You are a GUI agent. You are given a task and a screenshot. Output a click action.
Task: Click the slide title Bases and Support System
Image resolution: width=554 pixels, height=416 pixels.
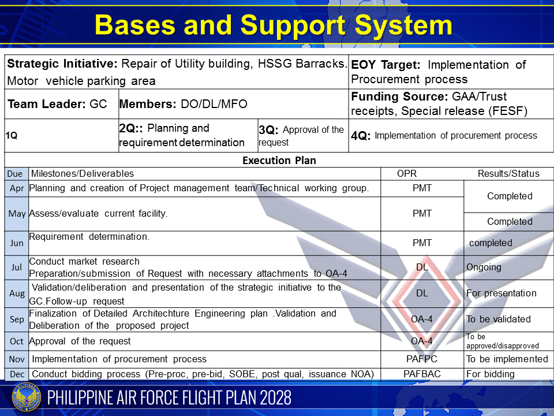click(274, 25)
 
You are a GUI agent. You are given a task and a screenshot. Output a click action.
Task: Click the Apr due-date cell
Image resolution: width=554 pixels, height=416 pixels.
click(17, 188)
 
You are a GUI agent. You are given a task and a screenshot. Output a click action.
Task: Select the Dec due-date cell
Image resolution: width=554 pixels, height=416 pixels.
click(17, 374)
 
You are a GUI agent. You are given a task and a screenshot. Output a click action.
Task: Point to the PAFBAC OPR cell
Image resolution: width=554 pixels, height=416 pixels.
click(422, 374)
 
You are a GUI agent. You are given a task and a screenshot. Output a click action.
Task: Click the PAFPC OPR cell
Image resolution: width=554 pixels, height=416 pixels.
click(422, 359)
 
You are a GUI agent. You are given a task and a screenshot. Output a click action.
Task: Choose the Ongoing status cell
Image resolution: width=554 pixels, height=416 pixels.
click(484, 268)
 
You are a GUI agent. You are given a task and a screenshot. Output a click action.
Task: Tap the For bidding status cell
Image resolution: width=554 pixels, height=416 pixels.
click(491, 374)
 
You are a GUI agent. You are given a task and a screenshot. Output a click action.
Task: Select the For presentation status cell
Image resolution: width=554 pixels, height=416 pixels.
click(501, 293)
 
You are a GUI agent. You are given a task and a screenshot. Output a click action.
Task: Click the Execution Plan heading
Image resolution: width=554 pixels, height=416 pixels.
click(279, 160)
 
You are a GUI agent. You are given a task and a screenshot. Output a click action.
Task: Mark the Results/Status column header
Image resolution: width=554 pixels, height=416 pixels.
click(508, 173)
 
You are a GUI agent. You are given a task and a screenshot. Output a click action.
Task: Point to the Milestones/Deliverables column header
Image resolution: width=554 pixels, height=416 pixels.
click(83, 173)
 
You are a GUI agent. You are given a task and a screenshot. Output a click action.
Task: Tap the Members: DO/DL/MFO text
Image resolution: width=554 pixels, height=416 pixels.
click(183, 105)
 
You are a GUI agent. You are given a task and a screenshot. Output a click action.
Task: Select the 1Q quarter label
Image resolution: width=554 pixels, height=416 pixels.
click(11, 136)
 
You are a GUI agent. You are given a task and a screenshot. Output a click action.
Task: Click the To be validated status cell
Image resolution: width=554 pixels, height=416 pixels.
click(498, 319)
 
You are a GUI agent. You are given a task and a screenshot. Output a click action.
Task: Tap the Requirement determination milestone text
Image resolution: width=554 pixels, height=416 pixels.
click(89, 236)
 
